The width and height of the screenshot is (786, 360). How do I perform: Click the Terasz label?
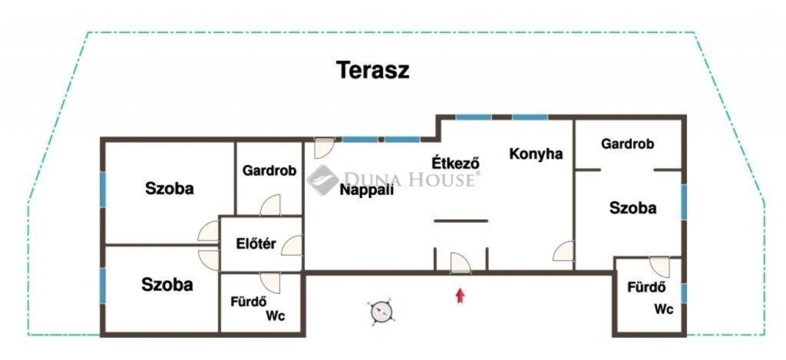coord(372,70)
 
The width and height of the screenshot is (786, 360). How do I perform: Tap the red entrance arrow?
coord(460,296)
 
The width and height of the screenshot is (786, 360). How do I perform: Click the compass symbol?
coord(381,312)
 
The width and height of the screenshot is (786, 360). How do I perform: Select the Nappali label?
coord(366,190)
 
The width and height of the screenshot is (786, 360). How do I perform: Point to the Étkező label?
coord(456,163)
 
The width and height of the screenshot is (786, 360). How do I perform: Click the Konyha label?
coord(536,154)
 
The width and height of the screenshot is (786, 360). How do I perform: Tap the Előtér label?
coord(256,244)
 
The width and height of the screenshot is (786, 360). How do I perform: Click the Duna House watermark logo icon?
coord(322,180)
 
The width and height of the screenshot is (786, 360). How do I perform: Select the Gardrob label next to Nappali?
coord(269,170)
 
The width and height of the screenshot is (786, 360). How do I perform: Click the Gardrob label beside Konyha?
coord(628,144)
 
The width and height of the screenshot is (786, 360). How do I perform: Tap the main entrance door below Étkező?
coord(461,263)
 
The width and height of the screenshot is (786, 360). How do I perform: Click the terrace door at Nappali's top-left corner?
coord(324,148)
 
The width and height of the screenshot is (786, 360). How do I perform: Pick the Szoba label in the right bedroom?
coord(632,207)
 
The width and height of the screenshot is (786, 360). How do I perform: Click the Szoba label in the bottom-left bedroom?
coord(167,285)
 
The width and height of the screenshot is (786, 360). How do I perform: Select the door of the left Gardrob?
coord(271,205)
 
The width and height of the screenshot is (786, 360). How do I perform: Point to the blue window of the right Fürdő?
coord(683,293)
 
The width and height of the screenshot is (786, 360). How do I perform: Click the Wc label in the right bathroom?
coord(664,309)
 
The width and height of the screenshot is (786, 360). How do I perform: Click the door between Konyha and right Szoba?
coord(563,251)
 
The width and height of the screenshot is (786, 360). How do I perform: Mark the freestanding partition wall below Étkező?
coord(461,220)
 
